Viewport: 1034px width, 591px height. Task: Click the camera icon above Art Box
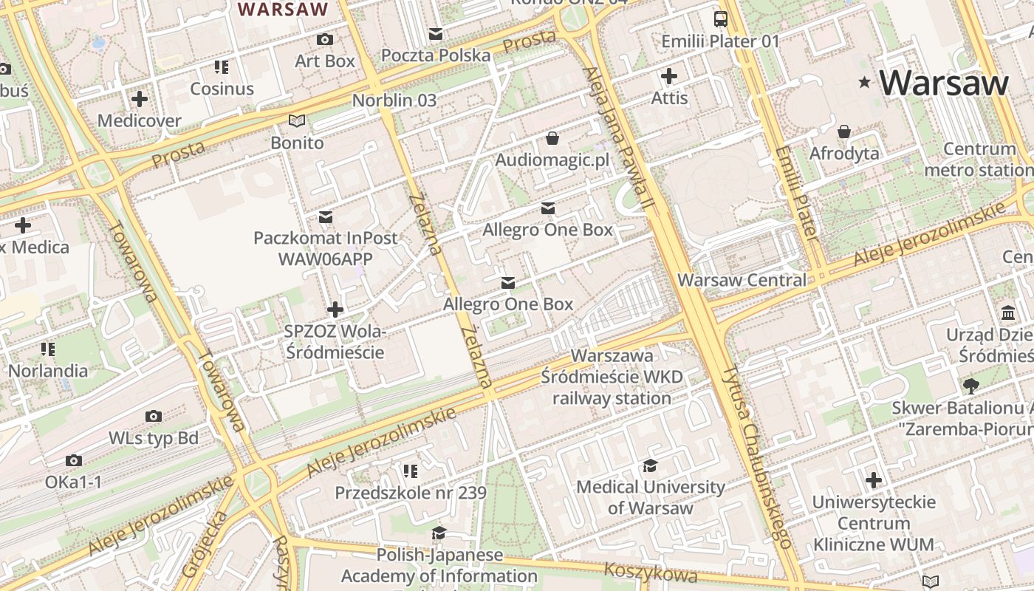coord(324,39)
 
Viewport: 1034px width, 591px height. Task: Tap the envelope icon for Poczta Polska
coord(436,34)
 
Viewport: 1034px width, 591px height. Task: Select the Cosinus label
coord(222,89)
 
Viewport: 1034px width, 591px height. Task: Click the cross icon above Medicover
coord(139,98)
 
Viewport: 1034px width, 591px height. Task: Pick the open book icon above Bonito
coord(297,120)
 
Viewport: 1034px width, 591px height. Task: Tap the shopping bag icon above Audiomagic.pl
coord(552,138)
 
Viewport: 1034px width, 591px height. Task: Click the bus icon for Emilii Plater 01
coord(720,19)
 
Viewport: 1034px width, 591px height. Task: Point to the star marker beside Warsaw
coord(864,83)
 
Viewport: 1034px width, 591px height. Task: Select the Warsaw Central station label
coord(742,280)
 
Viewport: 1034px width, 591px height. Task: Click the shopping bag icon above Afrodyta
coord(844,131)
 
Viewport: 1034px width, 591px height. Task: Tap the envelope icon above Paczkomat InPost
coord(325,217)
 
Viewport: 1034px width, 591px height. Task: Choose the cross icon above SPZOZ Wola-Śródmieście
coord(335,309)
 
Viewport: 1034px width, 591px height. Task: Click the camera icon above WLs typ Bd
coord(154,417)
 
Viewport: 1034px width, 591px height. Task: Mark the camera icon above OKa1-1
coord(73,461)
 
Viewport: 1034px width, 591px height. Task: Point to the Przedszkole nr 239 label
coord(411,493)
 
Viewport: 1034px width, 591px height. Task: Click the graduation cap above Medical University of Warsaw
coord(650,465)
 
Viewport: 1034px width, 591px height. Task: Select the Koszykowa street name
coord(650,572)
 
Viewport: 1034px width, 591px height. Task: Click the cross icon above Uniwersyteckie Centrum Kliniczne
coord(874,481)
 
